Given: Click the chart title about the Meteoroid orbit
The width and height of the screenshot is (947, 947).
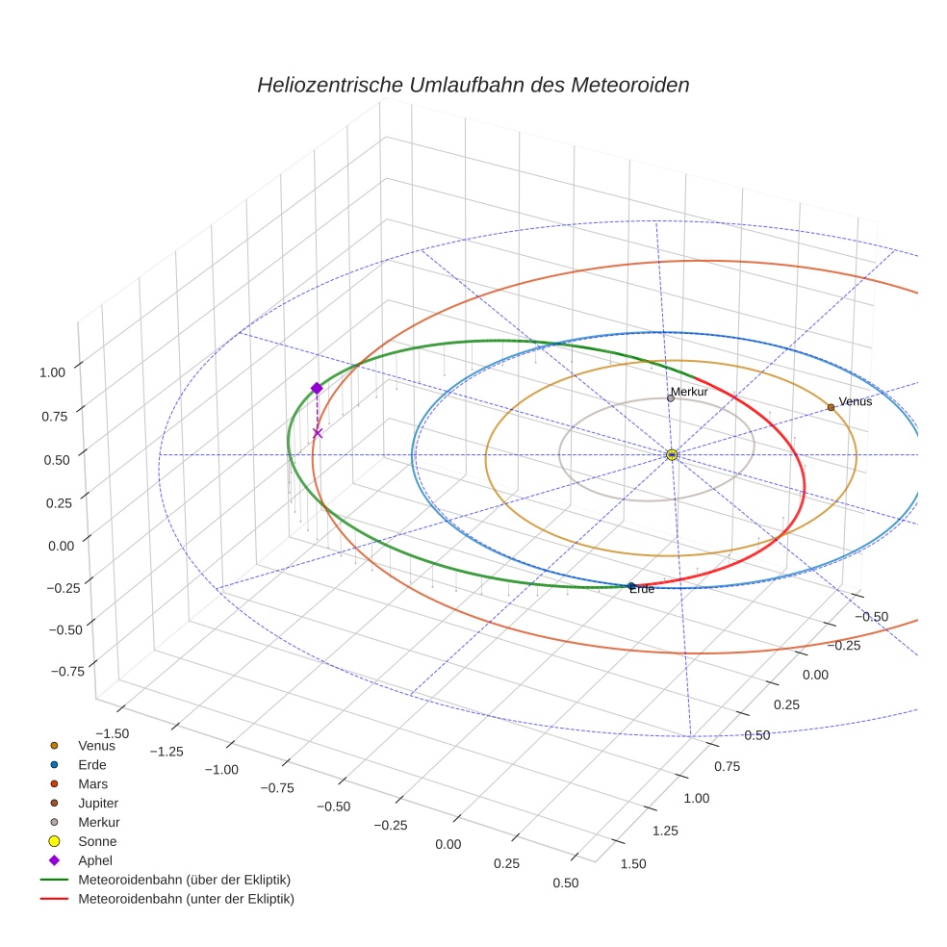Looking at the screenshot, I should click(x=473, y=85).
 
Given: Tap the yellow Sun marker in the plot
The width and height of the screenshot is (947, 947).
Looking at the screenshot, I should click(x=672, y=454).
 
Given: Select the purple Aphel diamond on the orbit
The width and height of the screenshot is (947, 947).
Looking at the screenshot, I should click(x=317, y=388).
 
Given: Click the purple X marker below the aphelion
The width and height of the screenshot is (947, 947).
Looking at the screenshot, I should click(x=318, y=433).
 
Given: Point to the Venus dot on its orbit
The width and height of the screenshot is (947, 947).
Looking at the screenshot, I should click(x=831, y=407).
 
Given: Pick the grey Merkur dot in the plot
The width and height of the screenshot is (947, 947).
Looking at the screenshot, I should click(x=671, y=398).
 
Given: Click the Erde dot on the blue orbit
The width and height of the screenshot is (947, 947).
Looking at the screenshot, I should click(x=631, y=586).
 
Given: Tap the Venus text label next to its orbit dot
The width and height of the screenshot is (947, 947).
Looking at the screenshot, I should click(x=856, y=401).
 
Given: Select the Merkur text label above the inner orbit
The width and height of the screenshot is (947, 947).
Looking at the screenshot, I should click(x=690, y=392).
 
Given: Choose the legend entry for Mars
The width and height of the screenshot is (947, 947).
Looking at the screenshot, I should click(x=92, y=783).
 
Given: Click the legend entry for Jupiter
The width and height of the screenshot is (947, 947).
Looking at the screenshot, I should click(x=97, y=803).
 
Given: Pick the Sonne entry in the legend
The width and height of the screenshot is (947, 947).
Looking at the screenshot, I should click(x=97, y=841).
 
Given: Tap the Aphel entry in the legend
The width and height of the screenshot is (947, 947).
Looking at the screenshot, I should click(x=95, y=860).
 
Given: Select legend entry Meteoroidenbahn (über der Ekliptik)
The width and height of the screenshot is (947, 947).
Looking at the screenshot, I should click(x=184, y=880).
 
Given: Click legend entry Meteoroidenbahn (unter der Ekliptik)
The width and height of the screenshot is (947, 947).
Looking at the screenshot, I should click(x=186, y=899).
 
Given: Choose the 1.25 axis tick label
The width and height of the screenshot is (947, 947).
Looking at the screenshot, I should click(x=662, y=830).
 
